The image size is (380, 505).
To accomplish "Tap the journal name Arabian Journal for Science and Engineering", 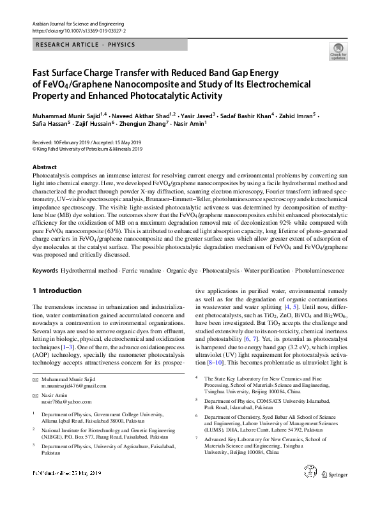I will [72, 23].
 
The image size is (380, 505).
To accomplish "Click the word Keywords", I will [46, 271].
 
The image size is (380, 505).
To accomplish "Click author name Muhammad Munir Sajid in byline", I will [64, 116].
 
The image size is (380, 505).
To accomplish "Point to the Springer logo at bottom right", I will [338, 492].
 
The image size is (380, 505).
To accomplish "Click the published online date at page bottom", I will [63, 492].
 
